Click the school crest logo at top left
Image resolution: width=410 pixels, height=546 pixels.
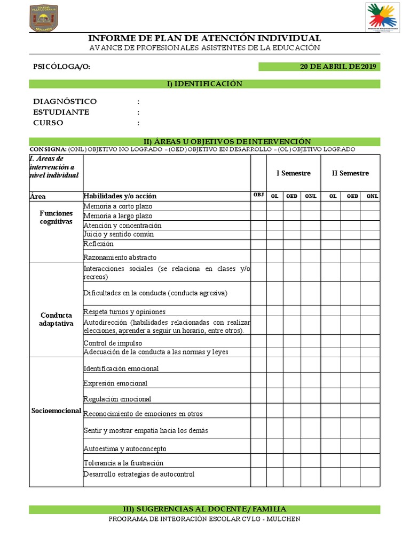click(44, 19)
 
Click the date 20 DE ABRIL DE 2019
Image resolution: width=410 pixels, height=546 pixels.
click(337, 67)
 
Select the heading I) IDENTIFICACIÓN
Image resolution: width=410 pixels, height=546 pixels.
click(204, 84)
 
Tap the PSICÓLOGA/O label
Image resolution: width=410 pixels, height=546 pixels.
click(62, 67)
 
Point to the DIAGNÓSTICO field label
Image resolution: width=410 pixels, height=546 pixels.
click(65, 101)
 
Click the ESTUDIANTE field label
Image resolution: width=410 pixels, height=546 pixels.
click(61, 112)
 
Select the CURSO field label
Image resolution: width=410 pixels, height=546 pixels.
click(48, 123)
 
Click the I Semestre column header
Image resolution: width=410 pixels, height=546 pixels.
click(293, 173)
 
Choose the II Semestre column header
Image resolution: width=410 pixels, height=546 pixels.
click(350, 173)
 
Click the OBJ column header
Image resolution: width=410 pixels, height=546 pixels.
click(258, 195)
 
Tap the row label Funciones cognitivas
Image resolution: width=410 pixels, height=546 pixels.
click(56, 217)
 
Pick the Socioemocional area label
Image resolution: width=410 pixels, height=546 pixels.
click(56, 411)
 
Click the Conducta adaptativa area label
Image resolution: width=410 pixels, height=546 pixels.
click(56, 319)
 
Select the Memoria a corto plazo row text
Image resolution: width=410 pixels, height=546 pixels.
click(117, 206)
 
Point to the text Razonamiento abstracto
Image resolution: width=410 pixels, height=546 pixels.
click(121, 256)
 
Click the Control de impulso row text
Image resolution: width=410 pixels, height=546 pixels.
click(113, 343)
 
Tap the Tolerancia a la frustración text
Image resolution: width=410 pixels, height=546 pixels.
click(123, 463)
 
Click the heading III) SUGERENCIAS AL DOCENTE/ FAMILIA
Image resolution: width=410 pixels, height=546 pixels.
click(204, 509)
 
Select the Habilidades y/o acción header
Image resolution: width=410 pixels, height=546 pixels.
click(120, 196)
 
